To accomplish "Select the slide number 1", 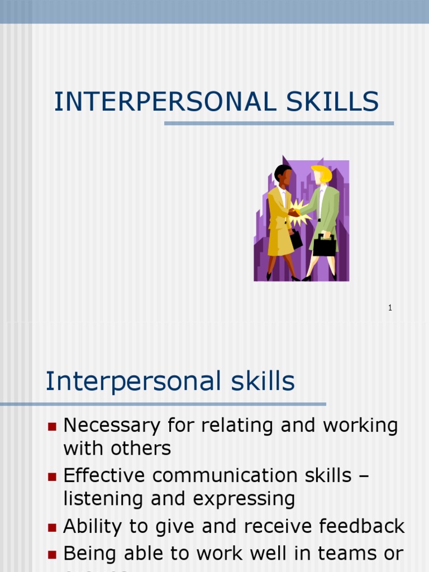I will [390, 308].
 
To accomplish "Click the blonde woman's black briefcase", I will [325, 246].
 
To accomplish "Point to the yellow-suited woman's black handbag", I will [295, 240].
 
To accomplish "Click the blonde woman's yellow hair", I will [322, 173].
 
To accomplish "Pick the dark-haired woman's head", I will [283, 174].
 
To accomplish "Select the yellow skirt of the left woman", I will [280, 242].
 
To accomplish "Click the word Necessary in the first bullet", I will [112, 426].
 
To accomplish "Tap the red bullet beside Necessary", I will [53, 427].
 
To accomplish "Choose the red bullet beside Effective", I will [53, 476].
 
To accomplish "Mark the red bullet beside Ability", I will [53, 527].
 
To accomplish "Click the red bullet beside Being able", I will [53, 554].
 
